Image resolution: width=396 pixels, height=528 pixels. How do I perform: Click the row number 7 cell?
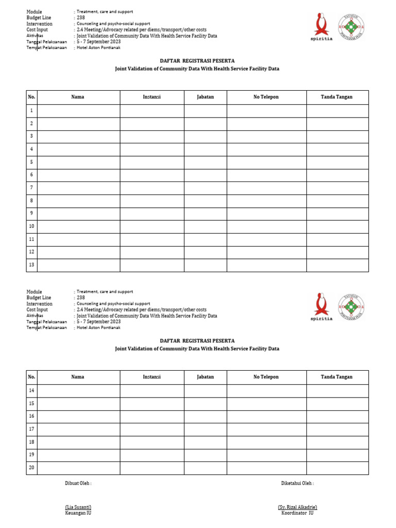click(x=31, y=188)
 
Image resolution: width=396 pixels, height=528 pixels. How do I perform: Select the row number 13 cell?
click(x=31, y=265)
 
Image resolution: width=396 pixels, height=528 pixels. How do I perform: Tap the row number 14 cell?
click(x=31, y=391)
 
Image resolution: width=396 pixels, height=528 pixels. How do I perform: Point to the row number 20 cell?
click(x=31, y=468)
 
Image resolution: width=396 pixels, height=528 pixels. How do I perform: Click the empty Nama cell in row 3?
click(x=78, y=136)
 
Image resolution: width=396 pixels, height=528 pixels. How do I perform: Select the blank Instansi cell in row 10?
click(x=152, y=226)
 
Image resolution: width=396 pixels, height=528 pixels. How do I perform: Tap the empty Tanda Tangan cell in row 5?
click(x=337, y=162)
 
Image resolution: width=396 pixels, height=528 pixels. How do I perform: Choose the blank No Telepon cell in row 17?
click(x=267, y=429)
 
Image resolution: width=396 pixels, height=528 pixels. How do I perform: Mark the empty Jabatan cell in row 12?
click(x=205, y=252)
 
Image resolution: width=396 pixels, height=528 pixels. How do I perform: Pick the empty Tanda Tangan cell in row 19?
click(x=337, y=455)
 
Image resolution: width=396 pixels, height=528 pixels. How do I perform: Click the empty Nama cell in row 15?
click(x=78, y=404)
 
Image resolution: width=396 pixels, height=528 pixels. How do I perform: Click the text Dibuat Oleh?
click(x=78, y=484)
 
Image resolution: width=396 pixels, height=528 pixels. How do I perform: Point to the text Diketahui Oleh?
click(x=298, y=484)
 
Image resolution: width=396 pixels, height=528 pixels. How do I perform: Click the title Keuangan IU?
click(x=78, y=514)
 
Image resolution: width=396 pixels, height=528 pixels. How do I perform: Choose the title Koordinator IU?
click(x=298, y=514)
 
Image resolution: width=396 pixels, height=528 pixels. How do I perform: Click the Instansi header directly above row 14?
click(x=152, y=377)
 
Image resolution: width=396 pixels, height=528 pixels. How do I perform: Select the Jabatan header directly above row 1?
click(x=205, y=97)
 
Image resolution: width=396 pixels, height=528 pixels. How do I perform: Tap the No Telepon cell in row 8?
click(x=267, y=201)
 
